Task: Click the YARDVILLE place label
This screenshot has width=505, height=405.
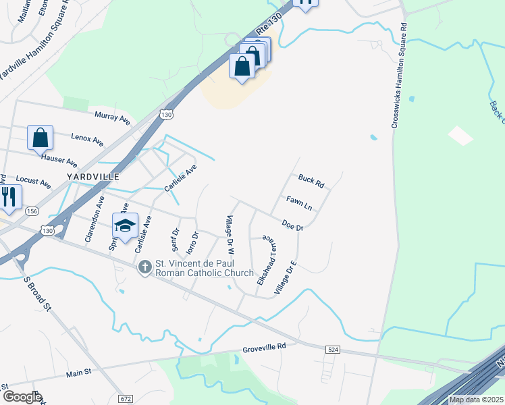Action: pos(93,176)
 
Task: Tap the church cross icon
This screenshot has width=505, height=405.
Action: pos(144,269)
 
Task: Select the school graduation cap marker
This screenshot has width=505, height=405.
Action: pos(125,226)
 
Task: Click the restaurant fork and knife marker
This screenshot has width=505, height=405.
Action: pos(9,196)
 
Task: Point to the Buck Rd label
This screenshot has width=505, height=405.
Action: pos(311,181)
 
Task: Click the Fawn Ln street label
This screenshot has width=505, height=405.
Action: pos(298,202)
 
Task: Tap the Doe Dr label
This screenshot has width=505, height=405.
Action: pos(292,225)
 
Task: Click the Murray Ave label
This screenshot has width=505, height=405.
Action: pos(112,117)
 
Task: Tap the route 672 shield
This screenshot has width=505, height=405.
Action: pos(126,399)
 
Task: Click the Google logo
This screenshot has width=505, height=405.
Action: pos(22,397)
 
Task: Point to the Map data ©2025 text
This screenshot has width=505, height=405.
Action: pos(476,400)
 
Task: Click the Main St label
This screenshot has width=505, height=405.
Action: pos(78,373)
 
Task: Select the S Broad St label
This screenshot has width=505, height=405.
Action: pos(37,292)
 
